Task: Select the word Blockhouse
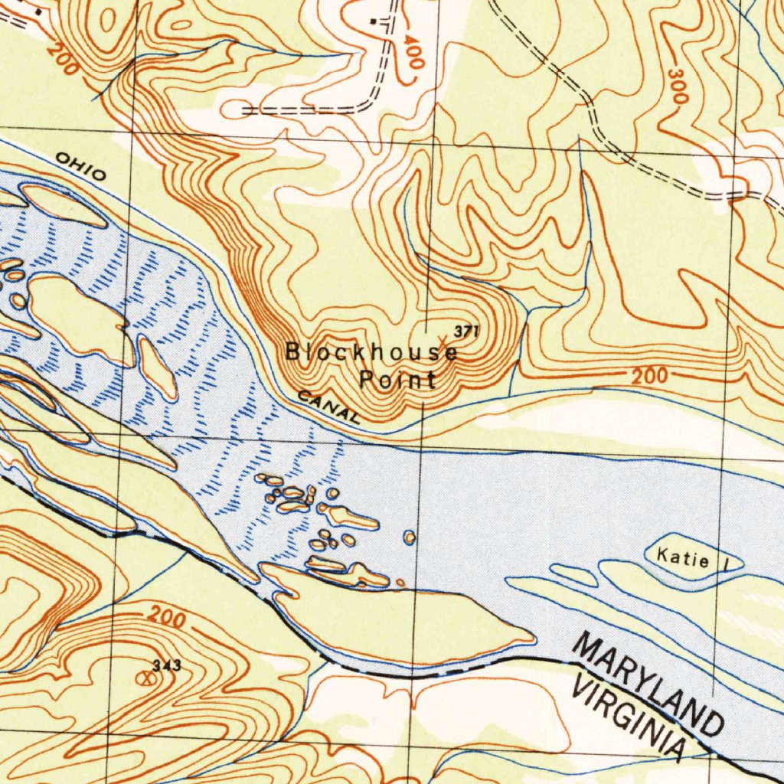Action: pos(371,353)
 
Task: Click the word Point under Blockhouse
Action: pos(398,379)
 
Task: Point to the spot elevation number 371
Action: pos(466,331)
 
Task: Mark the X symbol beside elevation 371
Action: pos(443,338)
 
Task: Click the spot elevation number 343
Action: pos(166,666)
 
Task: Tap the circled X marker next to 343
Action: pos(142,678)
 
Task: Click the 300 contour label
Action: pos(678,86)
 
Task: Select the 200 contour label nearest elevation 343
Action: pos(166,617)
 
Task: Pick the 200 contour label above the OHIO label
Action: pos(61,58)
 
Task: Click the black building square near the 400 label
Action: pos(373,21)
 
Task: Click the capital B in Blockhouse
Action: pos(292,351)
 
